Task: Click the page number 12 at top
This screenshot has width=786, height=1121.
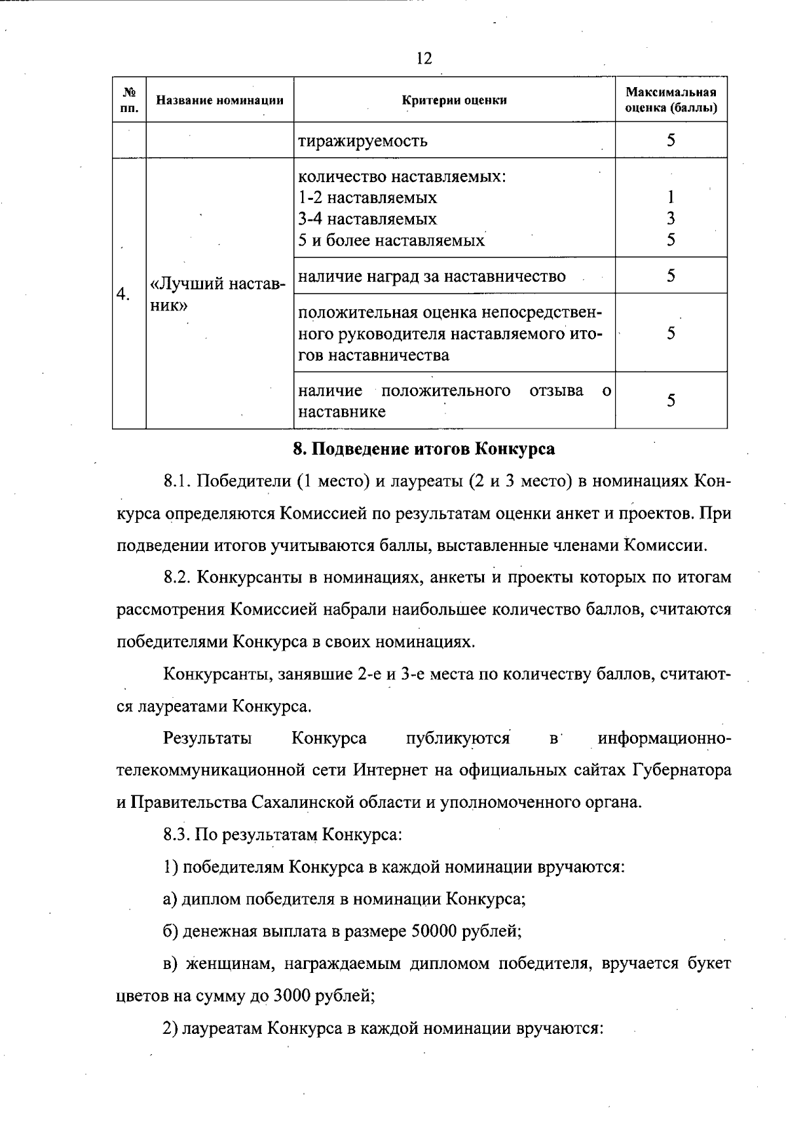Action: pyautogui.click(x=424, y=59)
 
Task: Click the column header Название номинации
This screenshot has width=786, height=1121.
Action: pyautogui.click(x=219, y=100)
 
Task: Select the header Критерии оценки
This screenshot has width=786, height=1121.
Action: pyautogui.click(x=454, y=100)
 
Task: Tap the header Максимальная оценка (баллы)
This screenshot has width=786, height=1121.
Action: pyautogui.click(x=671, y=100)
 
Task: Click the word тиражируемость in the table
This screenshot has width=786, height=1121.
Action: pyautogui.click(x=363, y=141)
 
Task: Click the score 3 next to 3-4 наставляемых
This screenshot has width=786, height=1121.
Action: pyautogui.click(x=671, y=218)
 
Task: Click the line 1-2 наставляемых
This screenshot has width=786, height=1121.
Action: pyautogui.click(x=367, y=197)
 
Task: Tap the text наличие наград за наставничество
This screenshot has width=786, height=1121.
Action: pyautogui.click(x=432, y=276)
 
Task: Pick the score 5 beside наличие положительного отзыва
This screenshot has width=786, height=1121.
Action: pyautogui.click(x=671, y=400)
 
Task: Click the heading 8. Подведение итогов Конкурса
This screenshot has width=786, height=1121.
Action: pyautogui.click(x=423, y=449)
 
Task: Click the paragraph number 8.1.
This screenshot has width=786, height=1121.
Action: pyautogui.click(x=177, y=482)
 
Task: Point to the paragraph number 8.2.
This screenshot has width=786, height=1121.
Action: pyautogui.click(x=177, y=578)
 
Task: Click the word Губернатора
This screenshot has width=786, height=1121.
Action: pyautogui.click(x=681, y=770)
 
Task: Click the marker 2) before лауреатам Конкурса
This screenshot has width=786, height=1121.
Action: pyautogui.click(x=170, y=1028)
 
